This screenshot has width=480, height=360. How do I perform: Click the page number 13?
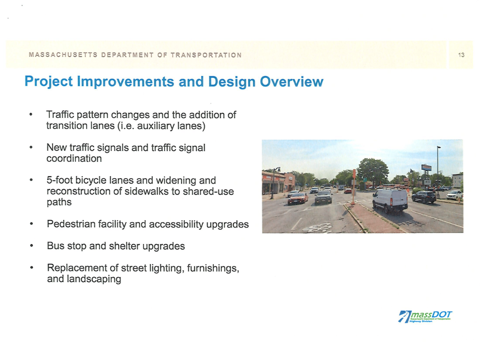pyautogui.click(x=461, y=55)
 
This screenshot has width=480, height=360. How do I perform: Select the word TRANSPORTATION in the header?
pyautogui.click(x=206, y=55)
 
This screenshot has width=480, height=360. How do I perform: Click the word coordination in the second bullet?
pyautogui.click(x=74, y=158)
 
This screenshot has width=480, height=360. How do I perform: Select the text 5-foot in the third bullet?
pyautogui.click(x=60, y=180)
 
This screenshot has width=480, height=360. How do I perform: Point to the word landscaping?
pyautogui.click(x=84, y=279)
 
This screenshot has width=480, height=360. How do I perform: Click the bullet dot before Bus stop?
pyautogui.click(x=30, y=246)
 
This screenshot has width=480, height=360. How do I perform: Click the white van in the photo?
pyautogui.click(x=390, y=200)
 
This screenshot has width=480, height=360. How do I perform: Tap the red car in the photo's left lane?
pyautogui.click(x=297, y=198)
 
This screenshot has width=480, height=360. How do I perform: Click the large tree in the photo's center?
pyautogui.click(x=373, y=171)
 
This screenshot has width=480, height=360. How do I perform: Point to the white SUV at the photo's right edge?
pyautogui.click(x=454, y=195)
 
